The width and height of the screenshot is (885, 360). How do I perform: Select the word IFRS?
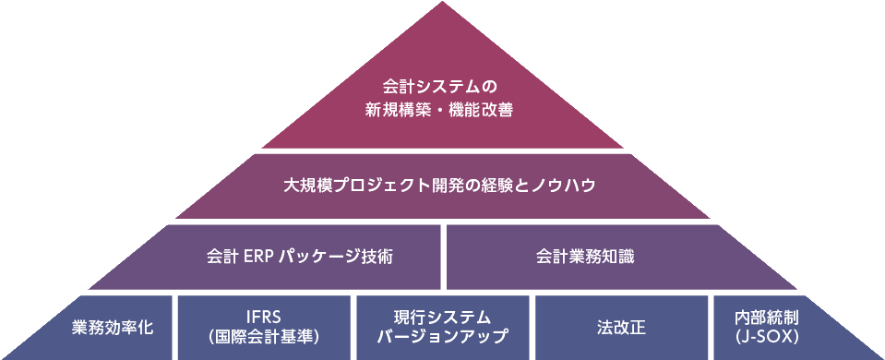[264, 318]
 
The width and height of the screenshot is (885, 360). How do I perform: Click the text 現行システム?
[442, 318]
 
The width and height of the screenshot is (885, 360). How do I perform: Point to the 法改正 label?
[619, 328]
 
